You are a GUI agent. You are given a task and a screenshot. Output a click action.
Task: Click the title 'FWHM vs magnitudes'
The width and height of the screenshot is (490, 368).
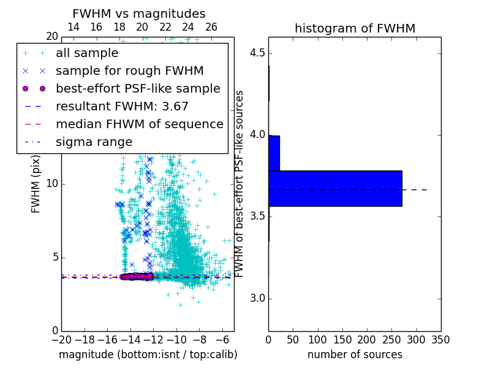pos(138,13)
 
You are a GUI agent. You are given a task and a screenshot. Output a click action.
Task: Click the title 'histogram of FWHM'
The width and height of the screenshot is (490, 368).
pos(355,28)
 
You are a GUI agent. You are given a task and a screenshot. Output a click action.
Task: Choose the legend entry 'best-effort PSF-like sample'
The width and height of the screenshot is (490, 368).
pos(138,88)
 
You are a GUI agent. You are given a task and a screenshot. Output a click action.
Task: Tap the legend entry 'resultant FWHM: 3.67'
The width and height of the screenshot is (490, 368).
pos(122,106)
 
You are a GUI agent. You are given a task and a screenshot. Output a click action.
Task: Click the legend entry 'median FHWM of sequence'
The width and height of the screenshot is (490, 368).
pos(139,124)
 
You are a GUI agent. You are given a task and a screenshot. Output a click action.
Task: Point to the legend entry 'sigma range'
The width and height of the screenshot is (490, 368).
pos(94,142)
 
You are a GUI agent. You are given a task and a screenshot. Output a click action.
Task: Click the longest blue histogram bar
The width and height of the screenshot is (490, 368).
pos(335,188)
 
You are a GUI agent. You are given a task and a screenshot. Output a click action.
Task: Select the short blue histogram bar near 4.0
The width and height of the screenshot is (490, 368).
pos(274,153)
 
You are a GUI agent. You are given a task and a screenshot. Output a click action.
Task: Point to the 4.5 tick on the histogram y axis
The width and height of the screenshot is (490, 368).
pos(257,53)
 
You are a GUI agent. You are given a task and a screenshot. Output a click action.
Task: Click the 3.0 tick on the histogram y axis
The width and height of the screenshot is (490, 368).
pos(257,299)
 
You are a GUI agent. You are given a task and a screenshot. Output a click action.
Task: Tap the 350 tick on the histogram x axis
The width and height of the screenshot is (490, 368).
pos(441,339)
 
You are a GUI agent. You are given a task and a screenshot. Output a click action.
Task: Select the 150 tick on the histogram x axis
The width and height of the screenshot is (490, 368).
pos(342,339)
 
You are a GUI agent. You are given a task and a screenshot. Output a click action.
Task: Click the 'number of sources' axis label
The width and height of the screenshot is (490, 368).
pos(355,355)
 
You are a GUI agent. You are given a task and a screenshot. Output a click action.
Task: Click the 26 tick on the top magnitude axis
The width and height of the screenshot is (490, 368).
pos(211,27)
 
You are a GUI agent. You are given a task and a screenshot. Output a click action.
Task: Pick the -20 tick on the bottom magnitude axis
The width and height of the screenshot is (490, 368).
pos(61,339)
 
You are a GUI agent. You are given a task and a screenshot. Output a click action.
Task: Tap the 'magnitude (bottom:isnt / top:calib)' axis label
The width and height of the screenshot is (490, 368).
pos(148,355)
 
